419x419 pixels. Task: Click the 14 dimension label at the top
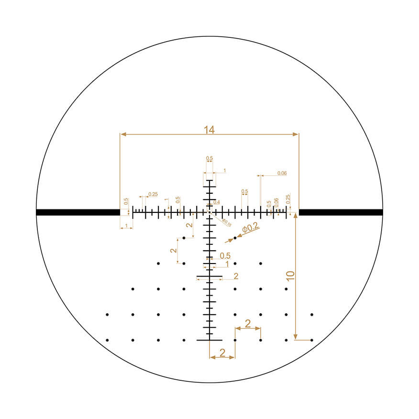coord(209,129)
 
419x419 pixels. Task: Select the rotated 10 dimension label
coord(290,276)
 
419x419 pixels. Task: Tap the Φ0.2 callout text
coord(251,228)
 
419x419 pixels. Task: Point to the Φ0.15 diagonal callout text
coord(226,223)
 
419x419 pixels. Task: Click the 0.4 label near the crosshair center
coord(216,203)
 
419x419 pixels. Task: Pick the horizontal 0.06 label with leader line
coord(282,173)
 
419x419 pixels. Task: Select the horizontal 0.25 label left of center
coord(153,194)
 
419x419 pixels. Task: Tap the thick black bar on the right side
coord(341,212)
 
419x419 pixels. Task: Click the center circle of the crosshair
coord(209,212)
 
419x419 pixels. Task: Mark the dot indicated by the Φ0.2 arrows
coord(235,238)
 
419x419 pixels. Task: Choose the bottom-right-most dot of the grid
coord(312,340)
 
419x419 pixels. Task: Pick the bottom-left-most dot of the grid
coord(107,340)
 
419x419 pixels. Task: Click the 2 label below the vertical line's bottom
coord(222,353)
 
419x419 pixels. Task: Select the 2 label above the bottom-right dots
coord(248,323)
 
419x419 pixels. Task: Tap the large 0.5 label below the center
coord(225,255)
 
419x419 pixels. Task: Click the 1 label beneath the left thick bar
coord(126,225)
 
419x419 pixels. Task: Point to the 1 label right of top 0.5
coord(224,171)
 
